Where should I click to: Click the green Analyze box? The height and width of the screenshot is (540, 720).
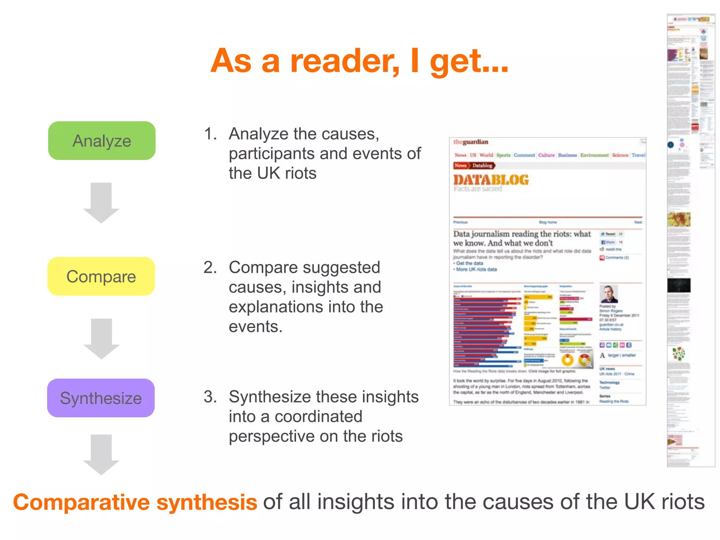tap(102, 141)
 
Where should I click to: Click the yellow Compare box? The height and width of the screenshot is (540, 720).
tap(101, 276)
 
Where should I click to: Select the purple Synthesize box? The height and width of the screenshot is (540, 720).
tap(101, 398)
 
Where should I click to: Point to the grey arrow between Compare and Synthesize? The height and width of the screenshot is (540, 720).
tap(101, 339)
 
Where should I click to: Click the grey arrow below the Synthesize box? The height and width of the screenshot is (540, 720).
tap(101, 454)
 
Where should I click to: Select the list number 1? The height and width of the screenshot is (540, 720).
tap(210, 134)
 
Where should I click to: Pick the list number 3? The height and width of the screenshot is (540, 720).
tap(210, 397)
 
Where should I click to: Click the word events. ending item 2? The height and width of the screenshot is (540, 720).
tap(256, 327)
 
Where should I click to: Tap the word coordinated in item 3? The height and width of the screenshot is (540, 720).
tap(318, 417)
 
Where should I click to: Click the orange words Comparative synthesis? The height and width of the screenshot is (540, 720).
tap(135, 502)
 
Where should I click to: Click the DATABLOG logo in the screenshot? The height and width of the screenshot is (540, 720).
tap(491, 180)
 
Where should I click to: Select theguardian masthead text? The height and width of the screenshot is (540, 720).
tap(471, 142)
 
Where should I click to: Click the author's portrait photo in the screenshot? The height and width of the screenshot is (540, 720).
tap(609, 294)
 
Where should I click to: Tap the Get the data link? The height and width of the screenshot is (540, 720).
tap(469, 263)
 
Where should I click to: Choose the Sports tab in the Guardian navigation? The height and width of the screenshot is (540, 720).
tap(503, 155)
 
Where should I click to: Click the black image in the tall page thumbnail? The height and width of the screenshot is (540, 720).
tap(679, 285)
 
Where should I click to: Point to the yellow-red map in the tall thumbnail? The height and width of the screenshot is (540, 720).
tap(679, 219)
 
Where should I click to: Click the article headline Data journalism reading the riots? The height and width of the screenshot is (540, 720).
tap(522, 238)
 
